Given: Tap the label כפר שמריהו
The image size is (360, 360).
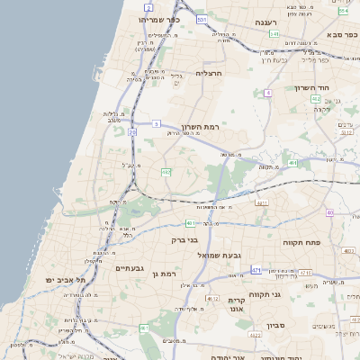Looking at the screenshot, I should point(160,19).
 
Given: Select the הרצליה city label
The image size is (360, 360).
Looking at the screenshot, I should point(208,73).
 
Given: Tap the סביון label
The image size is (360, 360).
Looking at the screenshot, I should point(275,326).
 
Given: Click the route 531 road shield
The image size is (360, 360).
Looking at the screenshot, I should point(202,19).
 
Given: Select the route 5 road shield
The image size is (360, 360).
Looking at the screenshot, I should point(157,123).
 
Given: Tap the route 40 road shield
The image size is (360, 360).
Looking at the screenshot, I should point(330,212).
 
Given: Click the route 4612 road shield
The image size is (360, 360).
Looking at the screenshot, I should point(212,298).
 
